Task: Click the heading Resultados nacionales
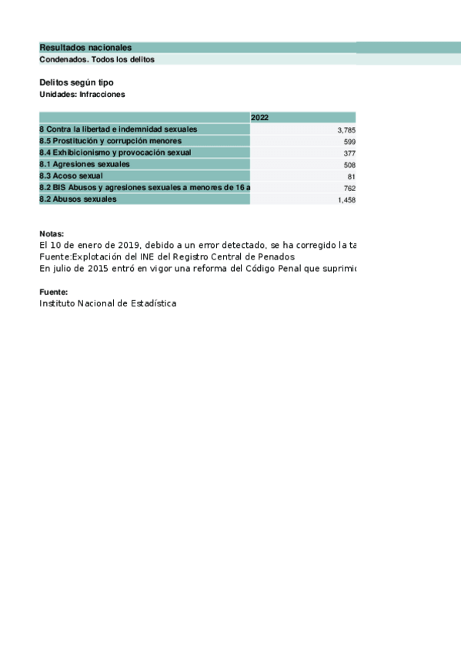[x=85, y=48]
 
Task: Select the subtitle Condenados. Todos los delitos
[x=97, y=59]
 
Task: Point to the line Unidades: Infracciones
[x=82, y=94]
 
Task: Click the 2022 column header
[x=260, y=118]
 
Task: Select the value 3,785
[x=346, y=130]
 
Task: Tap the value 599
[x=349, y=142]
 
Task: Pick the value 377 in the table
[x=349, y=153]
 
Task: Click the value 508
[x=349, y=165]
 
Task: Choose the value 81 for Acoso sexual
[x=351, y=176]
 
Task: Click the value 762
[x=349, y=188]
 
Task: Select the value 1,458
[x=346, y=199]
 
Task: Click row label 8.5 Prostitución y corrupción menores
[x=110, y=141]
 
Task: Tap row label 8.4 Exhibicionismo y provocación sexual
[x=115, y=152]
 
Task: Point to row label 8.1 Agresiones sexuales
[x=85, y=164]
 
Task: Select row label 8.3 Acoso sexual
[x=71, y=176]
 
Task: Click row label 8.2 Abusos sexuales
[x=78, y=199]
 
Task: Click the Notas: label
[x=52, y=234]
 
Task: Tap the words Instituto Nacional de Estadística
[x=108, y=303]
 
